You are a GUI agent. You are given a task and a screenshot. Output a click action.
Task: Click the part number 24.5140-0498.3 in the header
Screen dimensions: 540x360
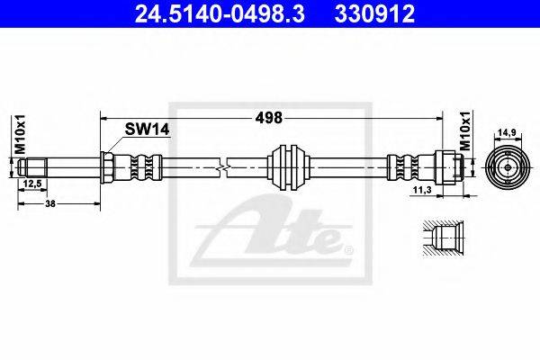click(220, 13)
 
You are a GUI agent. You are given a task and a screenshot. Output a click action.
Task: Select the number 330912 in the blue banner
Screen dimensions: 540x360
click(374, 13)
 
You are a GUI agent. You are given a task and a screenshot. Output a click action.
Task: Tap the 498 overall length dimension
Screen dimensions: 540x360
click(268, 118)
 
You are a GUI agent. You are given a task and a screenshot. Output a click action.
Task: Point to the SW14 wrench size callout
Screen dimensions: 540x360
click(147, 130)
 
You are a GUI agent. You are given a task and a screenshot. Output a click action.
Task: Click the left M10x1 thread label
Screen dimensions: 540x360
click(21, 135)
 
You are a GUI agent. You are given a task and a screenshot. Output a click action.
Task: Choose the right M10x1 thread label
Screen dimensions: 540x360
click(465, 131)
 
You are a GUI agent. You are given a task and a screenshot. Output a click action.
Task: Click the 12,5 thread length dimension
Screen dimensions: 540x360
click(32, 184)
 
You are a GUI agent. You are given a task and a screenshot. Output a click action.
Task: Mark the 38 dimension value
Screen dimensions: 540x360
click(50, 203)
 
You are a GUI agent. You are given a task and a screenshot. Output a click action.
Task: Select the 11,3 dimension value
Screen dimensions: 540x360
click(423, 191)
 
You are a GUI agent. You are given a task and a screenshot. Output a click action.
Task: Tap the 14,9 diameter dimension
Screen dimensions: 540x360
click(508, 132)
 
